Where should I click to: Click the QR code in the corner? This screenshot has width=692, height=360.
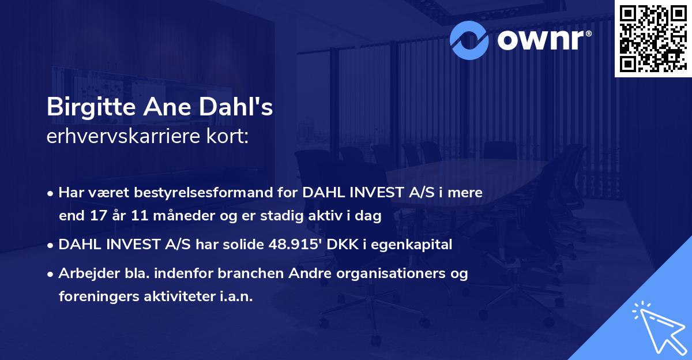point(652,38)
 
